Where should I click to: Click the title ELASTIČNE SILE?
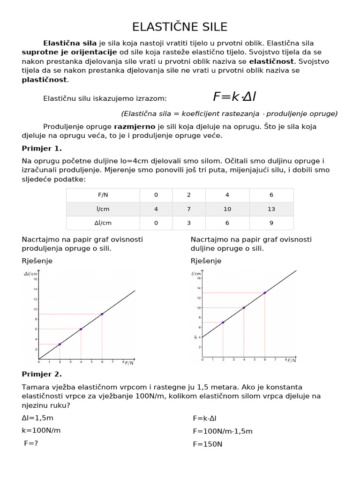pyautogui.click(x=180, y=26)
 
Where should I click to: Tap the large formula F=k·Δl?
pyautogui.click(x=234, y=97)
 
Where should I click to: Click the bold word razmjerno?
pyautogui.click(x=135, y=127)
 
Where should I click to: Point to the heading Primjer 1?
pyautogui.click(x=42, y=149)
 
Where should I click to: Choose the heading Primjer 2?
pyautogui.click(x=42, y=374)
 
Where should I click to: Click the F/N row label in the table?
pyautogui.click(x=103, y=195)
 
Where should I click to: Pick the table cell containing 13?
pyautogui.click(x=271, y=209)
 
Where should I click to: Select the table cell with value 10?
pyautogui.click(x=228, y=209)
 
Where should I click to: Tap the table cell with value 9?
pyautogui.click(x=271, y=223)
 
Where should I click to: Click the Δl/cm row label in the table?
pyautogui.click(x=103, y=223)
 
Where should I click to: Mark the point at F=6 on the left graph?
pyautogui.click(x=102, y=314)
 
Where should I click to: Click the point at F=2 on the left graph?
pyautogui.click(x=60, y=344)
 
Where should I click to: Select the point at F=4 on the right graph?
pyautogui.click(x=244, y=307)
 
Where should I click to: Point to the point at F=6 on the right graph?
pyautogui.click(x=265, y=293)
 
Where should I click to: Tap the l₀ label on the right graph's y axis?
pyautogui.click(x=195, y=337)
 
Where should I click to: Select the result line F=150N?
pyautogui.click(x=207, y=444)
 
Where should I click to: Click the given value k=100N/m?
pyautogui.click(x=41, y=430)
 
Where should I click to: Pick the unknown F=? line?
pyautogui.click(x=31, y=443)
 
